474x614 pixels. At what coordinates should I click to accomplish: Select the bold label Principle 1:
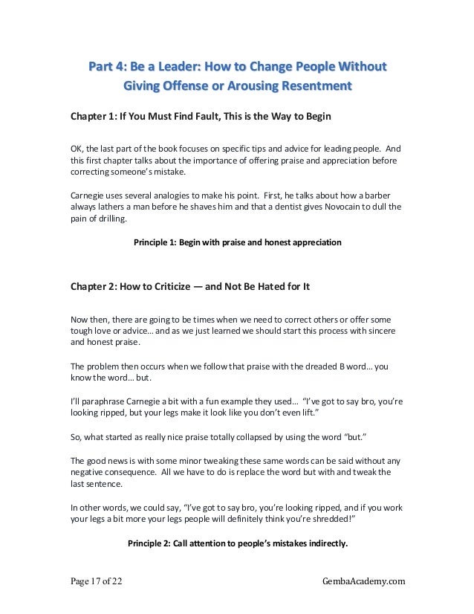tap(157, 242)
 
